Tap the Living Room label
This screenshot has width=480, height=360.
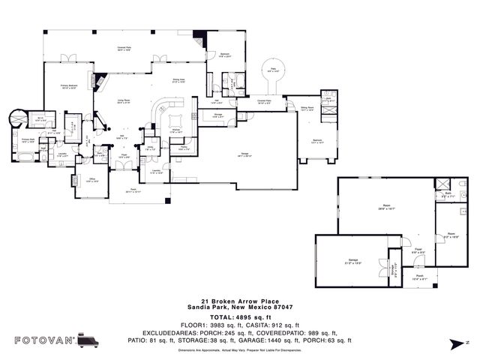(124, 103)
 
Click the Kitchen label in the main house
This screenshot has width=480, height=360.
(175, 131)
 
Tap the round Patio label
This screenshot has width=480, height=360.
(274, 71)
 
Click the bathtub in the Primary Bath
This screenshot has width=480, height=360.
(23, 156)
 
